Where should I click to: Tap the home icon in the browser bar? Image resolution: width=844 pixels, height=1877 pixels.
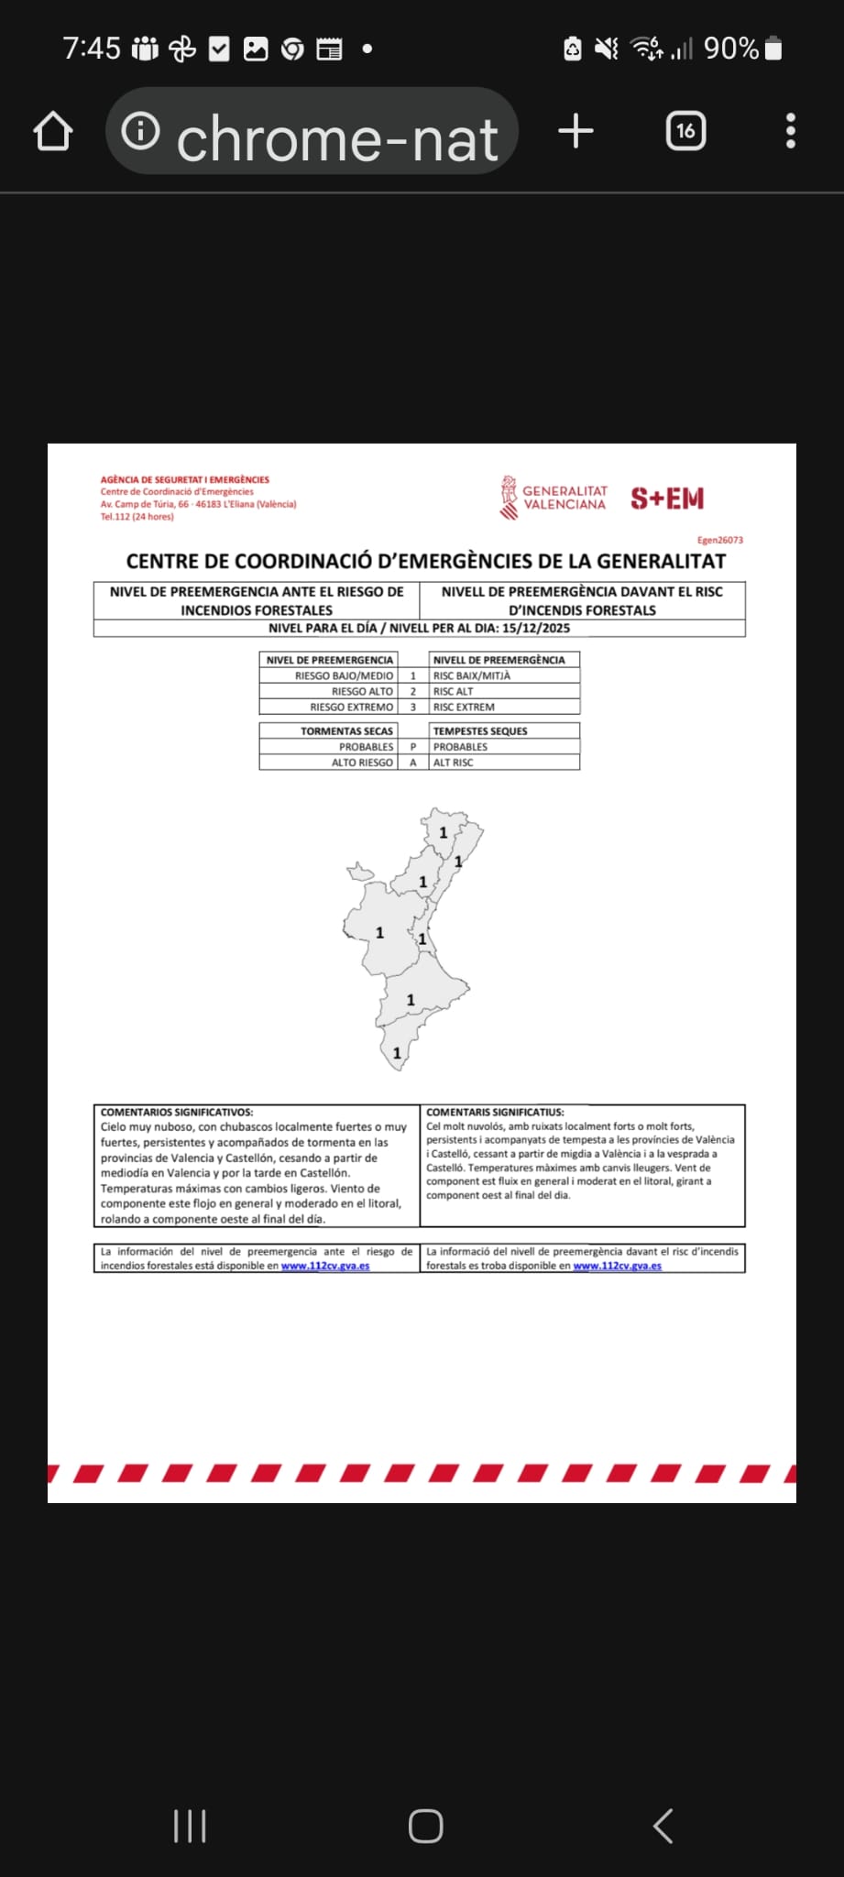pyautogui.click(x=53, y=131)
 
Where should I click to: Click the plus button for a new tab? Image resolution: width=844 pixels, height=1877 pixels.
pyautogui.click(x=575, y=131)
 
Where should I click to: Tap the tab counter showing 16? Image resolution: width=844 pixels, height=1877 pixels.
pyautogui.click(x=685, y=131)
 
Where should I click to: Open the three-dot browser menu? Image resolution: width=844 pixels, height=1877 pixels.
pyautogui.click(x=791, y=131)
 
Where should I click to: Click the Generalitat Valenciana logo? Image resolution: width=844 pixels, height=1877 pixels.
pyautogui.click(x=554, y=498)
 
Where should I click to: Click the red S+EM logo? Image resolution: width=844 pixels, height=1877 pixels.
pyautogui.click(x=667, y=499)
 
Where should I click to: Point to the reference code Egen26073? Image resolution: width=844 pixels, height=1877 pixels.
pyautogui.click(x=719, y=540)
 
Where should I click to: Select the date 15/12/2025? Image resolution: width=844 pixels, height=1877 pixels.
pyautogui.click(x=536, y=629)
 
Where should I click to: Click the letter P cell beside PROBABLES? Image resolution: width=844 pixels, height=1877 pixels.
pyautogui.click(x=413, y=747)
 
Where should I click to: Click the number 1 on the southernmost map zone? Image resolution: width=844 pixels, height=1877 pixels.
pyautogui.click(x=397, y=1054)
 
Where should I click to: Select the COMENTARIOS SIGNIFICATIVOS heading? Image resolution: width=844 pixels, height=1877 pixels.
pyautogui.click(x=177, y=1112)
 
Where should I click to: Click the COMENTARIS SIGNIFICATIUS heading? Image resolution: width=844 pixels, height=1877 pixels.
pyautogui.click(x=495, y=1112)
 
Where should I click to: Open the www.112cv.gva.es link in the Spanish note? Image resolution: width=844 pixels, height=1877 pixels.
pyautogui.click(x=325, y=1266)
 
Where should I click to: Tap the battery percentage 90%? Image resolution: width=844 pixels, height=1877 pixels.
pyautogui.click(x=730, y=49)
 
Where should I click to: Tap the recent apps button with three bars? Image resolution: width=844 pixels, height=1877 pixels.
pyautogui.click(x=190, y=1826)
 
